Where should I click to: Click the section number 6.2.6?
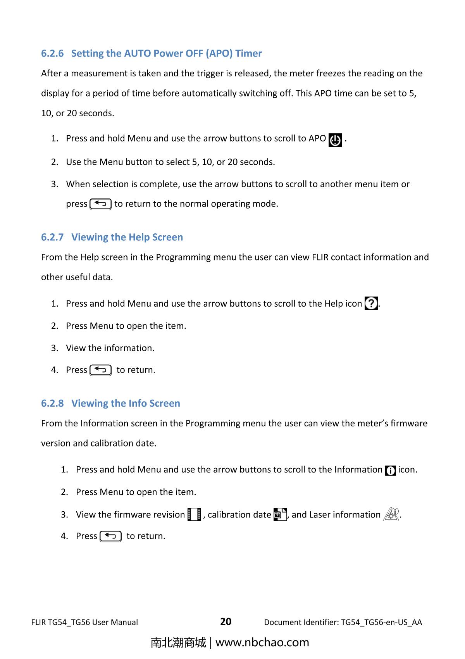(52, 53)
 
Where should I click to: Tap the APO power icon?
(335, 140)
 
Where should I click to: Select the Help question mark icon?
(371, 303)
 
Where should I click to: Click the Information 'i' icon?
(390, 471)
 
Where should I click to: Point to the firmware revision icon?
(194, 514)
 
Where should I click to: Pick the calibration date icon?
(280, 514)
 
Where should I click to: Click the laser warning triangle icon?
(391, 514)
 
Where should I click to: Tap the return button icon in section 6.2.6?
(100, 204)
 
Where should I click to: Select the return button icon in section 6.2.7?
(100, 370)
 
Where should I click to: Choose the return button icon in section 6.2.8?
(110, 536)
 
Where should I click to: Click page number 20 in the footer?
(226, 622)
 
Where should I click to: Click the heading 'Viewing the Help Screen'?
(127, 237)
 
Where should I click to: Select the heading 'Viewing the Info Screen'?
(126, 403)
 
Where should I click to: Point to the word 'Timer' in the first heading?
(248, 53)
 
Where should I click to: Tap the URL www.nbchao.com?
(262, 642)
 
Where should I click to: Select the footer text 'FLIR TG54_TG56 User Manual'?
(84, 623)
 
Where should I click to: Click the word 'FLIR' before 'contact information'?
(320, 257)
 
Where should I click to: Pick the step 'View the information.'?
(110, 348)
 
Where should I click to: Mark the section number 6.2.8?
(52, 403)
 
